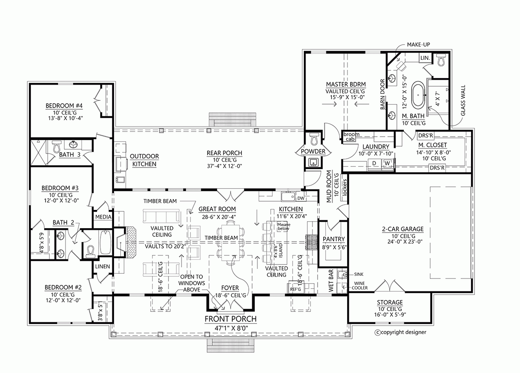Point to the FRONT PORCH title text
pyautogui.click(x=231, y=319)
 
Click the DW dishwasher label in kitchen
pyautogui.click(x=301, y=198)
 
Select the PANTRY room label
pyautogui.click(x=334, y=239)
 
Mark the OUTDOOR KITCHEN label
pyautogui.click(x=145, y=160)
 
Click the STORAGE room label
pyautogui.click(x=390, y=302)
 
